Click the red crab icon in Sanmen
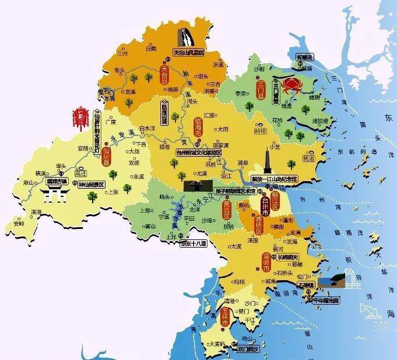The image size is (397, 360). [x=290, y=86]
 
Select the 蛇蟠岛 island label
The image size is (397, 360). [x=305, y=57]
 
